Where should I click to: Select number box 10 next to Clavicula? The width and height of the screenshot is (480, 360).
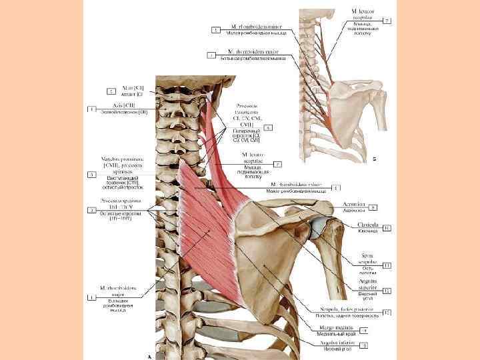(387, 228)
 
